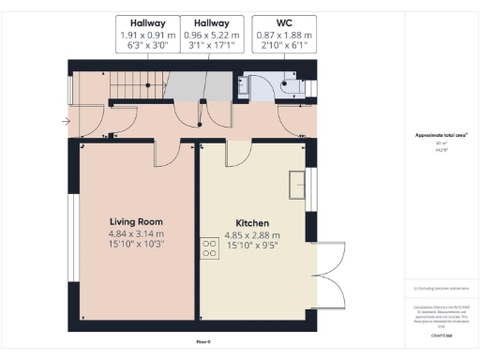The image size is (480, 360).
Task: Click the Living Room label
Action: click(x=136, y=222)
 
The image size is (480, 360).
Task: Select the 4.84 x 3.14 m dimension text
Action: click(x=136, y=233)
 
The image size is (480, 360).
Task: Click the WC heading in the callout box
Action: click(x=284, y=22)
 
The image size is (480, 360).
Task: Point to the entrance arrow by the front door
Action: click(x=65, y=120)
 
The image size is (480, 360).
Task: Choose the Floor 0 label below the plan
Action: click(x=203, y=343)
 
